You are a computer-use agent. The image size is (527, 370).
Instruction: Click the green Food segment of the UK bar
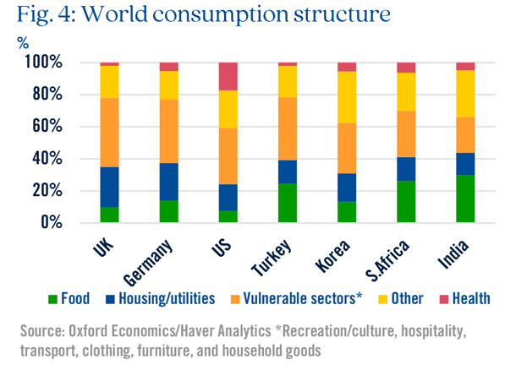(109, 215)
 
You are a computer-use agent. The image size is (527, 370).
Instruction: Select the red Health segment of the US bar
(228, 76)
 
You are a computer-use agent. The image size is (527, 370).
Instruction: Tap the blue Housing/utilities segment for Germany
(168, 182)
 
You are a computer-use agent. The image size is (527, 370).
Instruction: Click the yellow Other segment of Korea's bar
(347, 98)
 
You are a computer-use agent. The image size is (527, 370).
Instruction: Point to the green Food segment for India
(465, 199)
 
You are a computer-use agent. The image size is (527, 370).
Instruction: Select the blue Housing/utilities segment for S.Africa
(406, 169)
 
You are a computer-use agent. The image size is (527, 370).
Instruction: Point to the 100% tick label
(43, 63)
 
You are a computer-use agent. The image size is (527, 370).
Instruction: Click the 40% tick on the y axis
(47, 159)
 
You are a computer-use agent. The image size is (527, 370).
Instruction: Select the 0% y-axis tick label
(50, 223)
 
